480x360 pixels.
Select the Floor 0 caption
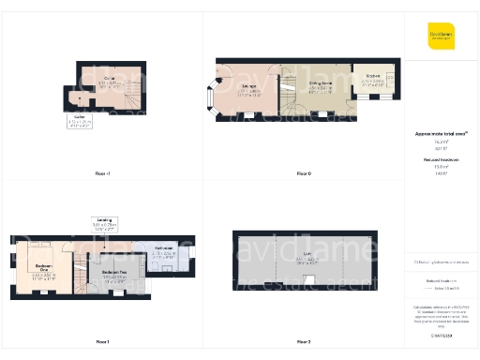coord(303,174)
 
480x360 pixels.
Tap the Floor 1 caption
coord(102,341)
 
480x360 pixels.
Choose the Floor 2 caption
coord(303,341)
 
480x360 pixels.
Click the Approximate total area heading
coord(440,134)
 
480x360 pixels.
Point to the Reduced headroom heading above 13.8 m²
coord(440,160)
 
